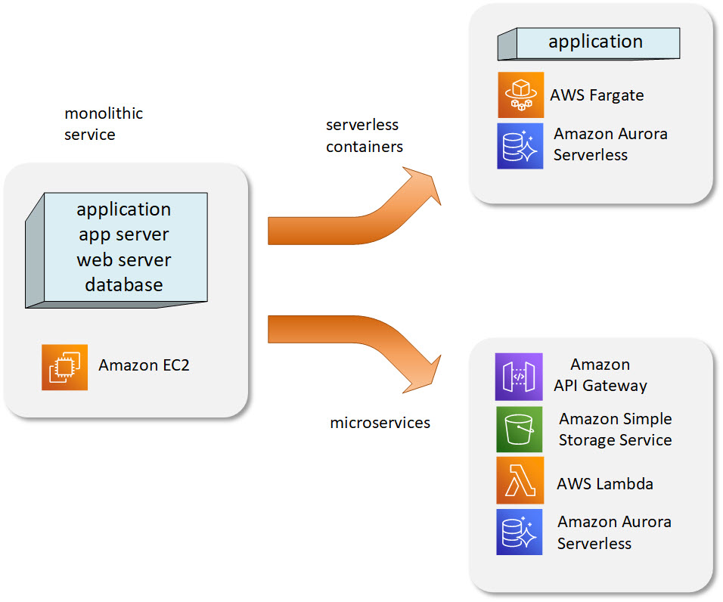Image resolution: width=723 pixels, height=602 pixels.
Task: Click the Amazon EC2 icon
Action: [64, 368]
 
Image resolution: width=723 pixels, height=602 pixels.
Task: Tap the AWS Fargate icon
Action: [520, 95]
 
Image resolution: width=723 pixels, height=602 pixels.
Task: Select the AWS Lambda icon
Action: [520, 480]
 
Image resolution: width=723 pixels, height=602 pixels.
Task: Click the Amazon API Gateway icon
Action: [519, 377]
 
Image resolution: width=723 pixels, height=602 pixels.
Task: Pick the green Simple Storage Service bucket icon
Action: [520, 429]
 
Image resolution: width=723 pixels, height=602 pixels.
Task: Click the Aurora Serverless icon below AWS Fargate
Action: [520, 146]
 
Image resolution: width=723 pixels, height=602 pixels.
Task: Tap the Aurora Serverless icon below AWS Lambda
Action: [520, 532]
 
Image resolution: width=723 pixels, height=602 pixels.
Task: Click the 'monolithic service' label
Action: [104, 124]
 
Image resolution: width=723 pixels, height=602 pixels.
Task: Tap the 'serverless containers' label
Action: [365, 135]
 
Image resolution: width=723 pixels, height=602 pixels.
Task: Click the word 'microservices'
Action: [380, 423]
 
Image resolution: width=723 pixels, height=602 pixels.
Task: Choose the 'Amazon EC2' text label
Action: [144, 365]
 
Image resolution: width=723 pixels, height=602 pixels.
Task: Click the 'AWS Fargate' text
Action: [597, 95]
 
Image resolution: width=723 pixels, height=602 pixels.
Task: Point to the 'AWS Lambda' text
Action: [605, 483]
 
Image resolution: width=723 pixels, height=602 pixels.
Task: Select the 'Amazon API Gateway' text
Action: [600, 375]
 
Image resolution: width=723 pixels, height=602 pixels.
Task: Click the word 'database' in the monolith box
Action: [124, 285]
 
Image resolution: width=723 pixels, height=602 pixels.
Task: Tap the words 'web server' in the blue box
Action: [124, 260]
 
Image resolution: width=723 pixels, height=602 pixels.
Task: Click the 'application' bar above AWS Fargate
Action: [589, 43]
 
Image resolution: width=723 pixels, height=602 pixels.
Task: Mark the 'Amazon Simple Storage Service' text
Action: [616, 429]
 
